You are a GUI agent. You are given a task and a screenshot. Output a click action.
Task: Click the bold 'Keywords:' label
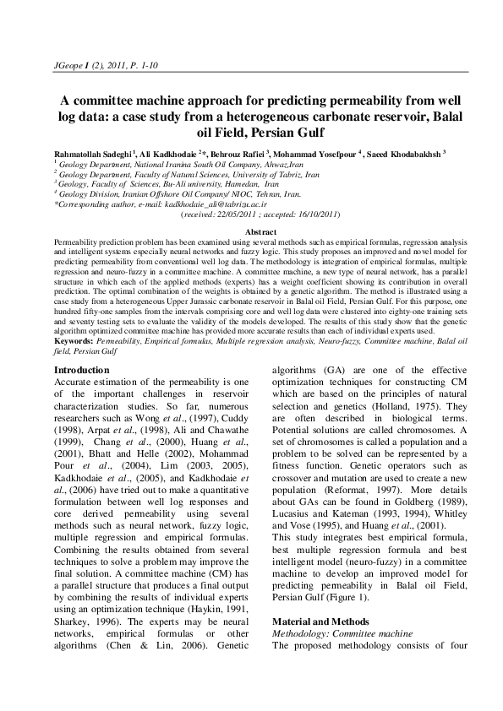pyautogui.click(x=72, y=341)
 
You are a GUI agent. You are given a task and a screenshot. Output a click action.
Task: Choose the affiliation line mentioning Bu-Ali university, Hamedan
pyautogui.click(x=169, y=183)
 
